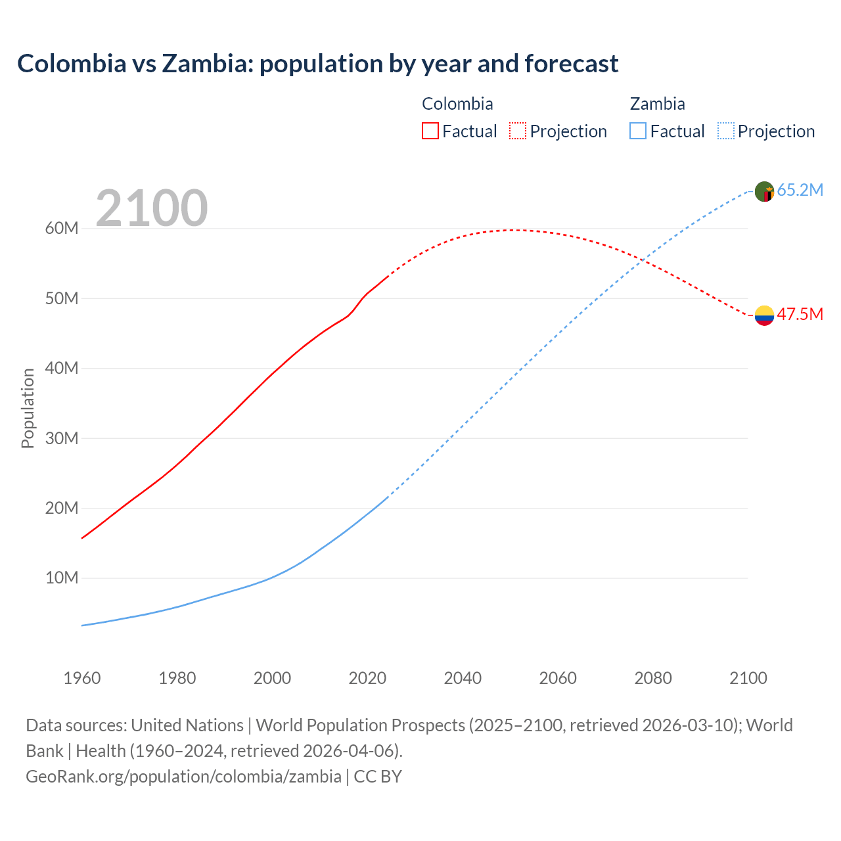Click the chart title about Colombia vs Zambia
point(317,64)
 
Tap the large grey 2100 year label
point(152,208)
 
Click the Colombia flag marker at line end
point(764,315)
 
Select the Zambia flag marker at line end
point(764,192)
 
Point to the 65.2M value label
point(800,191)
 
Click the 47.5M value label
point(800,314)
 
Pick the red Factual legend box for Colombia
point(430,131)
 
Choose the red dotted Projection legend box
point(518,131)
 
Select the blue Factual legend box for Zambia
point(637,131)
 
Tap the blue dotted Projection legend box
point(725,131)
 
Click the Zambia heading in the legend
point(657,104)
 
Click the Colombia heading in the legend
point(457,104)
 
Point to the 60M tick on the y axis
point(62,229)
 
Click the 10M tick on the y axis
point(62,578)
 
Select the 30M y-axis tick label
point(62,438)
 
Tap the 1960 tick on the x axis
point(82,678)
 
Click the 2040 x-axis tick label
point(463,678)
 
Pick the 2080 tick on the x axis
point(653,678)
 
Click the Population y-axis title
point(28,408)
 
